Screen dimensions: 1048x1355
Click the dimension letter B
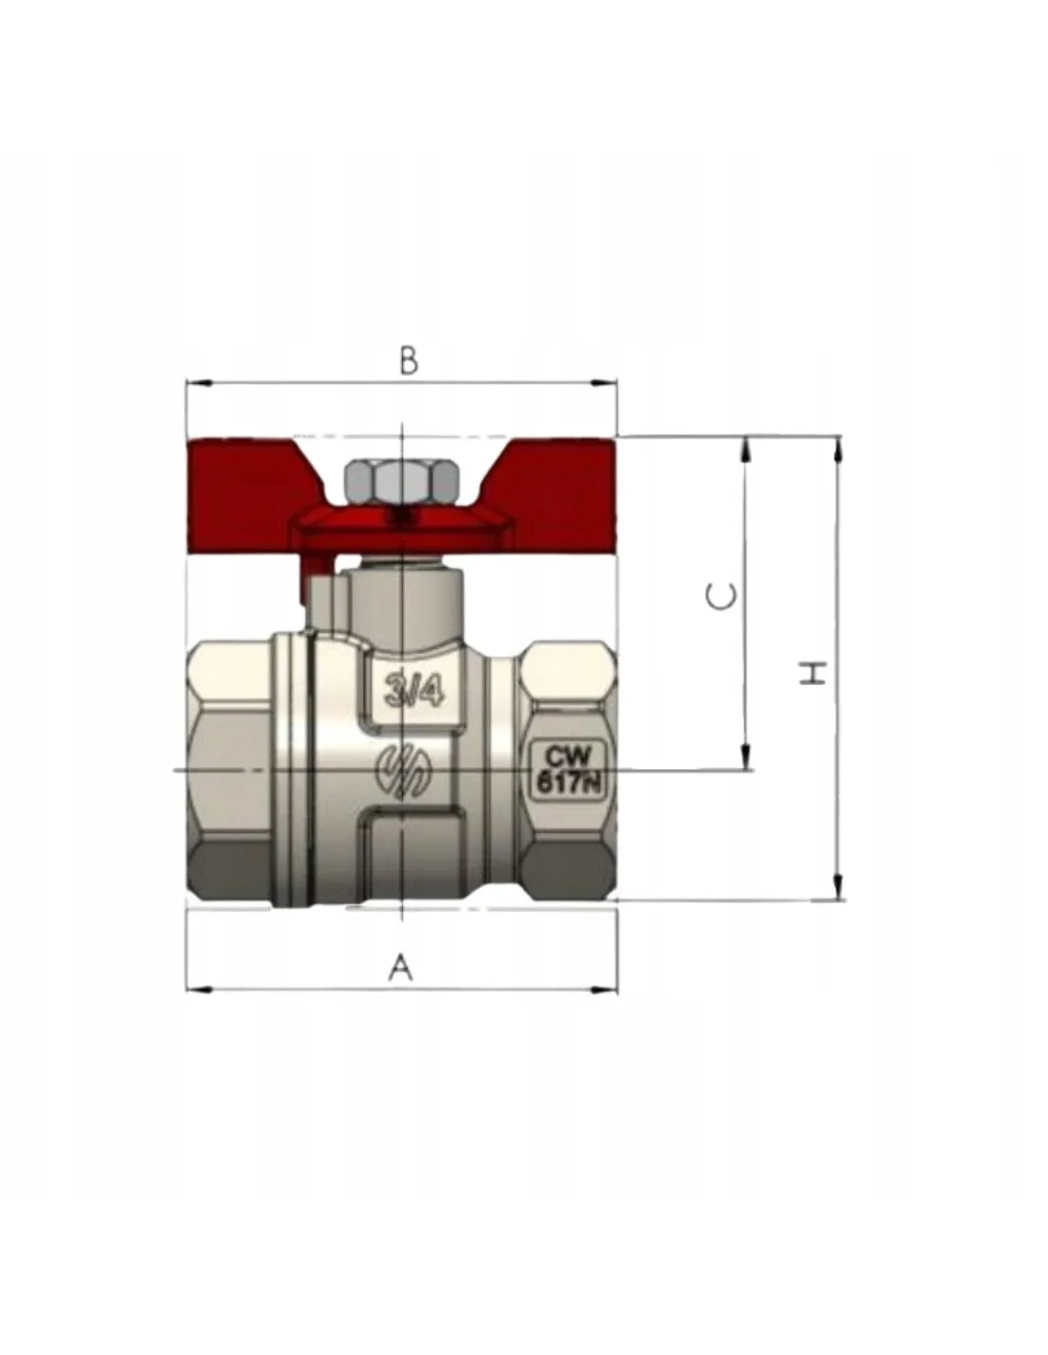coord(409,361)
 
